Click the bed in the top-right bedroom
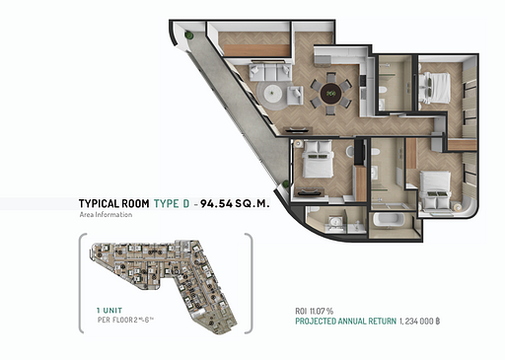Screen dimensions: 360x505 (435, 89)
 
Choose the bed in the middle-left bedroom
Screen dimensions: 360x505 (318, 162)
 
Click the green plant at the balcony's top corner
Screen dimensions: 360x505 (187, 36)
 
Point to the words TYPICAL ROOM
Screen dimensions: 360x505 (114, 203)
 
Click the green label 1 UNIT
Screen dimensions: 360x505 (97, 311)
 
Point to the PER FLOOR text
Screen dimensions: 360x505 (108, 321)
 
